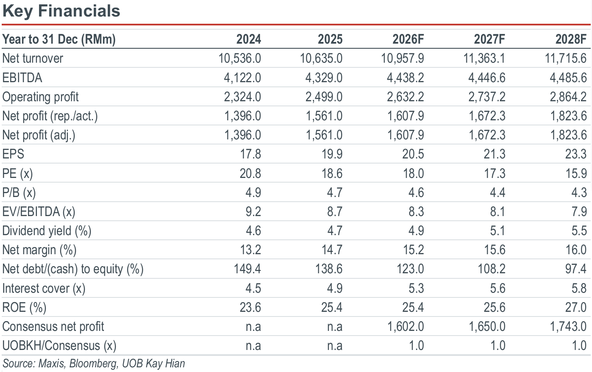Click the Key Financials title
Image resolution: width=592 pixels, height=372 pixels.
tap(61, 11)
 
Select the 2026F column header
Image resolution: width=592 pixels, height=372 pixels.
tap(408, 39)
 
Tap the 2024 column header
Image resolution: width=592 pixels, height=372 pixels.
tap(248, 39)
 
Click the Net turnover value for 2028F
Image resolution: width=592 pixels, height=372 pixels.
tap(566, 58)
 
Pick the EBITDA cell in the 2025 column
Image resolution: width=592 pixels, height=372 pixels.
tap(324, 78)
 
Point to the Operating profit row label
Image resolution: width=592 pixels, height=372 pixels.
tap(40, 97)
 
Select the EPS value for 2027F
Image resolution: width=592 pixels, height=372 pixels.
tap(494, 154)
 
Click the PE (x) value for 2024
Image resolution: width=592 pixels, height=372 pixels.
tap(250, 173)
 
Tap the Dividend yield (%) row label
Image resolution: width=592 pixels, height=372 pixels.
tap(47, 231)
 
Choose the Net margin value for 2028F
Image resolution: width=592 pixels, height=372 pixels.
tap(576, 250)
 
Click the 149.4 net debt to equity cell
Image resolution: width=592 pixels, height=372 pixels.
tap(247, 269)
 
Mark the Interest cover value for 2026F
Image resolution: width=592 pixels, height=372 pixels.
tap(416, 288)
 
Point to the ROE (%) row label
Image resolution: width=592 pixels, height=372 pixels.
tap(24, 308)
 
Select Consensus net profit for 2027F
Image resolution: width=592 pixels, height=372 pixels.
tap(487, 327)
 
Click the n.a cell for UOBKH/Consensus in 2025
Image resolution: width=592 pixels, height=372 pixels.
tap(334, 346)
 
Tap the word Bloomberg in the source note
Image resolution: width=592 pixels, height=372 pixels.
tap(93, 364)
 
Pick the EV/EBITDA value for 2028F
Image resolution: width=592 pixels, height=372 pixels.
tap(579, 211)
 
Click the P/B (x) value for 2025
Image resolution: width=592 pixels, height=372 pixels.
tap(334, 193)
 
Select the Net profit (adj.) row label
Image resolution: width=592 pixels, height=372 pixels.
tap(39, 135)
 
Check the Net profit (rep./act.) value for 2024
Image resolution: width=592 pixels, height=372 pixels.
tap(242, 116)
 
